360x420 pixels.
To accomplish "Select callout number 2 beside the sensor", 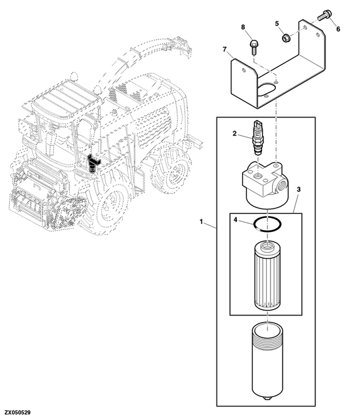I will tap(235, 134).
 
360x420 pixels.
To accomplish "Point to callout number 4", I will tap(235, 219).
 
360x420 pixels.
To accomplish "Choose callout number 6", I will tap(337, 29).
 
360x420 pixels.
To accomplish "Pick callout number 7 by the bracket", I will tap(225, 49).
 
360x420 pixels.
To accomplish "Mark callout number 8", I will tap(243, 27).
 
